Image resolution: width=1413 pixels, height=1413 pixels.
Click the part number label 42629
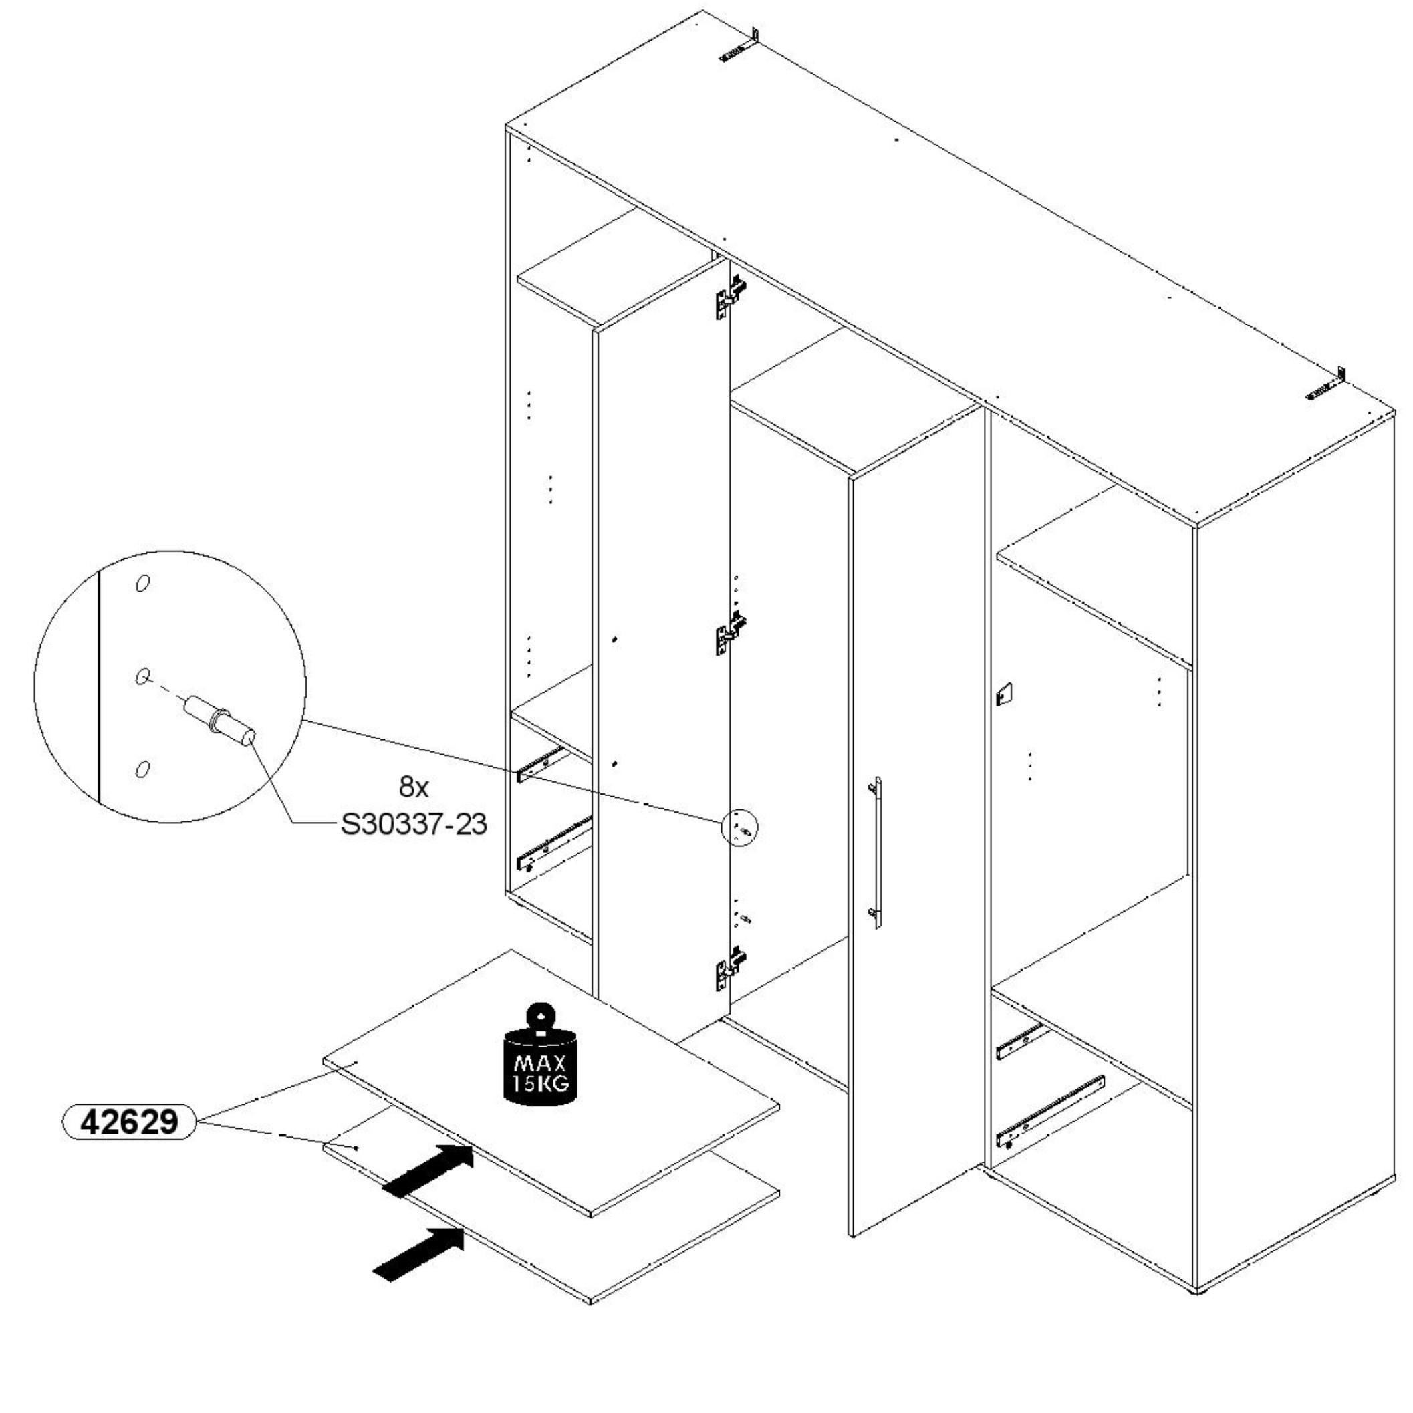(129, 1121)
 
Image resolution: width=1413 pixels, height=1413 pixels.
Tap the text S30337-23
(413, 825)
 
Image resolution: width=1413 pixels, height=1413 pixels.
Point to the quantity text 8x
(413, 787)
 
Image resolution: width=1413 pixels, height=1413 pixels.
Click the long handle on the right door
(876, 852)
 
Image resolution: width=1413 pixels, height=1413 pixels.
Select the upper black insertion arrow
(428, 1170)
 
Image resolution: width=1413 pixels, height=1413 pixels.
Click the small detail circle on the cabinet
(739, 829)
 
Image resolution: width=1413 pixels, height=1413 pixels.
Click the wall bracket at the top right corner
(1325, 385)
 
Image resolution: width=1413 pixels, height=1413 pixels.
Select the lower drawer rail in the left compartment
(553, 844)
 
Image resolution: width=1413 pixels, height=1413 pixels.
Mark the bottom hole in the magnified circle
(142, 769)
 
